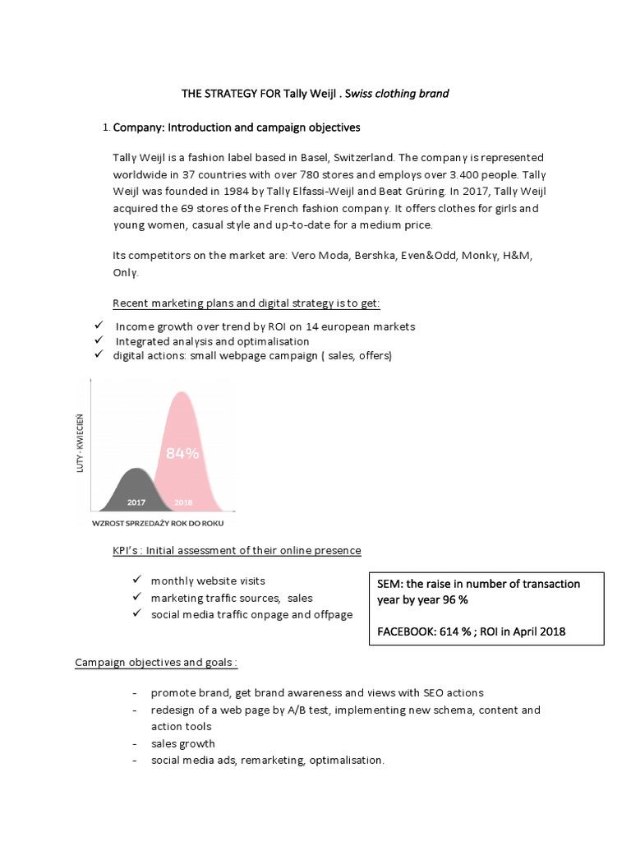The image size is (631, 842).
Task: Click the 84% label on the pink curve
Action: pyautogui.click(x=182, y=452)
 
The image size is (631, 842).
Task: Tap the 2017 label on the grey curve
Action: pyautogui.click(x=137, y=501)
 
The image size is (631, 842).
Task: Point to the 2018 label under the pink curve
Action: pyautogui.click(x=183, y=501)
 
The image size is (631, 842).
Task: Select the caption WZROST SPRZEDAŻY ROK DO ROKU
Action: pyautogui.click(x=158, y=523)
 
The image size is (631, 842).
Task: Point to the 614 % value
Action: pyautogui.click(x=465, y=631)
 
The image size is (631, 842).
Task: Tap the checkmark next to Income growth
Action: pyautogui.click(x=99, y=326)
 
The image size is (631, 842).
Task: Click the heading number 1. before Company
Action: pyautogui.click(x=106, y=128)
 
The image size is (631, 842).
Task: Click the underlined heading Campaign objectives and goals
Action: pyautogui.click(x=155, y=662)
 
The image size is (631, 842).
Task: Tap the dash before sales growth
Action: pyautogui.click(x=134, y=743)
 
